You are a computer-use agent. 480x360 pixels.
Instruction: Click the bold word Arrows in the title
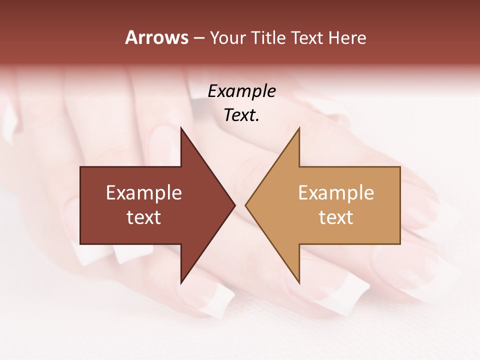point(156,37)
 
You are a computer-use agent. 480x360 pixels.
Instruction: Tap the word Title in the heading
point(268,38)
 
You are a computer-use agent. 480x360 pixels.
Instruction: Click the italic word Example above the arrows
point(241,91)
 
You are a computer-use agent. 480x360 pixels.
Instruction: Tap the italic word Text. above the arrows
point(241,115)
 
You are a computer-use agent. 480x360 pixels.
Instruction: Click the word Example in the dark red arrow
point(143,192)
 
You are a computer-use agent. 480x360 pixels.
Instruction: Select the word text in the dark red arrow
point(143,217)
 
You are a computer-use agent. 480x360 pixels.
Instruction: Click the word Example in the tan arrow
point(336,192)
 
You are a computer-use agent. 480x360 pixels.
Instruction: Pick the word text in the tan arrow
point(336,217)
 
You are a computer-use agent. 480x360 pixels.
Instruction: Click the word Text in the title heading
point(308,38)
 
